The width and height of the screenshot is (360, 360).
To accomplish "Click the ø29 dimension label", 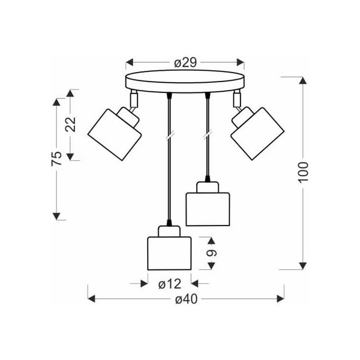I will tap(185, 62).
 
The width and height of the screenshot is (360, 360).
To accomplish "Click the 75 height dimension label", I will tap(56, 158).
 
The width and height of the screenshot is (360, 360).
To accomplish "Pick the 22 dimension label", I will tap(71, 124).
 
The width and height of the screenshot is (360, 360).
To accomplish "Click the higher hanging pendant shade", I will tap(208, 208).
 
